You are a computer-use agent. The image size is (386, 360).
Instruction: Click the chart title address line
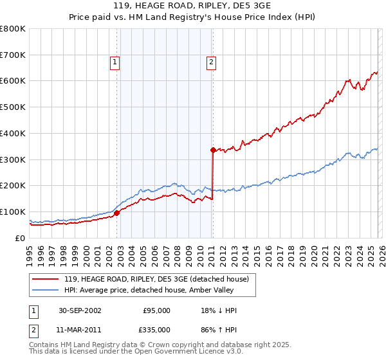tap(192, 6)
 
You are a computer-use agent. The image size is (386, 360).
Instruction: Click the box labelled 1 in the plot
tap(115, 62)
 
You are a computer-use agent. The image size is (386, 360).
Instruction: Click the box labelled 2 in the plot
tap(211, 62)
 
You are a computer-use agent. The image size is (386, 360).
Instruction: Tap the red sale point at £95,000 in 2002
tap(118, 213)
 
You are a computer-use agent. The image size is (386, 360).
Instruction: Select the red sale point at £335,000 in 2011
tap(212, 150)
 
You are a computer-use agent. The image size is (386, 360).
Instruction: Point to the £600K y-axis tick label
tap(13, 81)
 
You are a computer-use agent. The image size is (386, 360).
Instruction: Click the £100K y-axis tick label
tap(13, 212)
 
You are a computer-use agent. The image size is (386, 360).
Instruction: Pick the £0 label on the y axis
tap(20, 238)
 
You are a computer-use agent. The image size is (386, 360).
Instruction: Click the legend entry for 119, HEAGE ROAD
tap(160, 278)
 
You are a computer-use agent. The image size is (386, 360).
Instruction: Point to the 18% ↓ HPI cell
tap(219, 310)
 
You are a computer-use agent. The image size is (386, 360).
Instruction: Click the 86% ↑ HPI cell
tap(219, 330)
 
